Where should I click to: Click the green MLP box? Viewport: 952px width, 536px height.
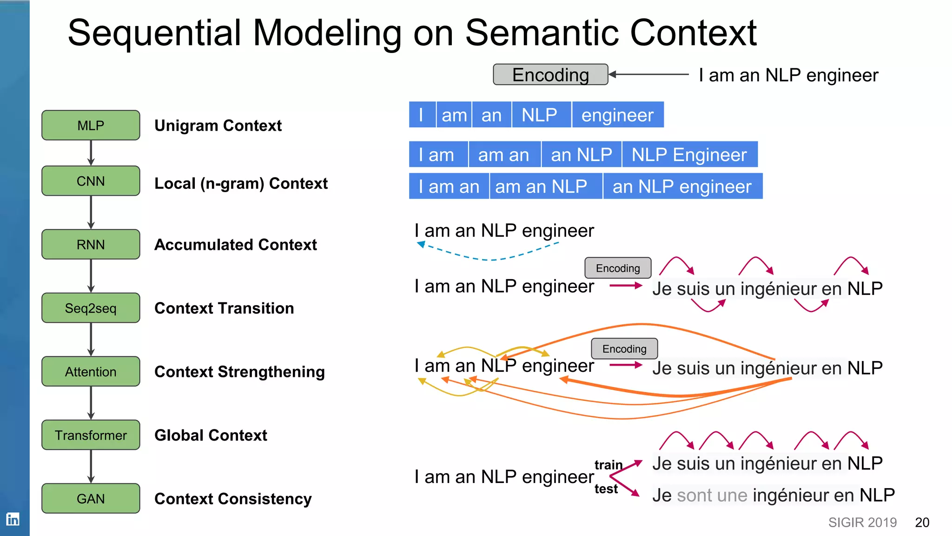tap(91, 125)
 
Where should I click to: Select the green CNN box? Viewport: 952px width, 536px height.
tap(91, 181)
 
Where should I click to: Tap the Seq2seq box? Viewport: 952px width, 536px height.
tap(91, 308)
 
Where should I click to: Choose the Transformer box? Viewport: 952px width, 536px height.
tap(91, 435)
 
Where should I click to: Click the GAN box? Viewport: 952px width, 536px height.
tap(91, 498)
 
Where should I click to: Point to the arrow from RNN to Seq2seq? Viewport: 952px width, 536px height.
tap(91, 276)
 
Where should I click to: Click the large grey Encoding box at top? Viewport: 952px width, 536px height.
tap(550, 74)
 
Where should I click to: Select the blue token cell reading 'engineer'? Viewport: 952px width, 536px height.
tap(617, 115)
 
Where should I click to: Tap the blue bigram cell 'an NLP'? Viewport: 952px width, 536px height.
tap(581, 154)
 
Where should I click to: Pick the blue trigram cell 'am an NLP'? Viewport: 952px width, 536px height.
tap(541, 187)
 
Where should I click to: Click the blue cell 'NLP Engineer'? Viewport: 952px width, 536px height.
tap(689, 154)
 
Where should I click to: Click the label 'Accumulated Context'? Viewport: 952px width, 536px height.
tap(236, 245)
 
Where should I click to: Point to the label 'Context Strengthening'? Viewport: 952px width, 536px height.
tap(239, 372)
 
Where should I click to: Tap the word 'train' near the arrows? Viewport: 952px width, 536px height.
tap(608, 465)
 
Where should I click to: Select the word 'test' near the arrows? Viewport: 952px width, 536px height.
tap(606, 489)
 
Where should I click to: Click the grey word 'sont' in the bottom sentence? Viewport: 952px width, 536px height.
tap(694, 495)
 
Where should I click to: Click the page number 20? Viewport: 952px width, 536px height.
tap(922, 523)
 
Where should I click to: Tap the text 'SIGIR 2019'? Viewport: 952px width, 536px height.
tap(862, 523)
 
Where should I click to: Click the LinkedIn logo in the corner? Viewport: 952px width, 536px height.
tap(13, 519)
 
